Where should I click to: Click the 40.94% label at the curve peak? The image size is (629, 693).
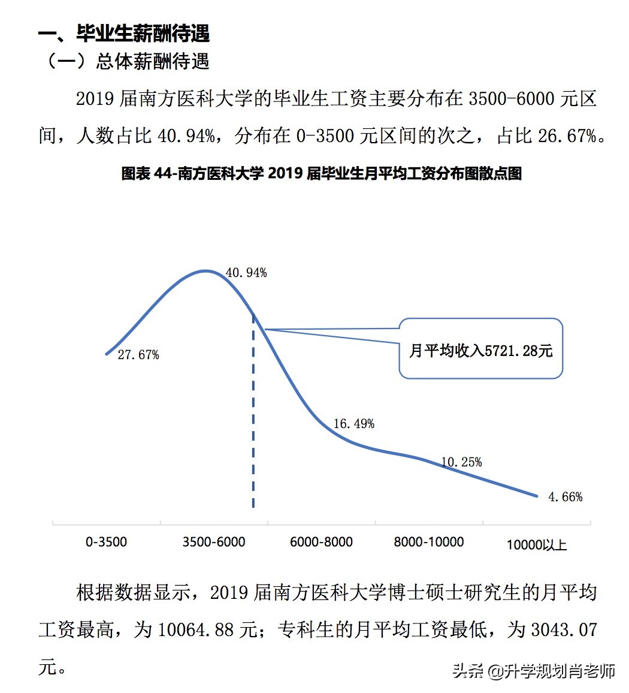(x=246, y=273)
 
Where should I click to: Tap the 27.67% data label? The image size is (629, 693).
(x=138, y=355)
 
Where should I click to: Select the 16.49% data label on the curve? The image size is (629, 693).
(x=353, y=424)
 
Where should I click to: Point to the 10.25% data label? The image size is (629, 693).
(x=461, y=462)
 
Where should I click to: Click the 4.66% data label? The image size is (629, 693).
(x=565, y=497)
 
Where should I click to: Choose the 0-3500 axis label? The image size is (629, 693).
(x=107, y=542)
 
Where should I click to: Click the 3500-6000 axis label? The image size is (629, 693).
(x=214, y=542)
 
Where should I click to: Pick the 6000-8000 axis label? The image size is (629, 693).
(x=321, y=542)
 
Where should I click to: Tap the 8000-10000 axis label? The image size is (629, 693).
(x=428, y=542)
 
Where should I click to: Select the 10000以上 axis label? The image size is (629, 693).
(x=536, y=545)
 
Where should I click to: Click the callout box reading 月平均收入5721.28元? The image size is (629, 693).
(x=481, y=349)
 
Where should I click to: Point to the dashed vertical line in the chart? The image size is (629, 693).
(x=253, y=420)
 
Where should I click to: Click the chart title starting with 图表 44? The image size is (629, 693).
(x=322, y=173)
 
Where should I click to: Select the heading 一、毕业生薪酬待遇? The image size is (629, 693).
(x=124, y=34)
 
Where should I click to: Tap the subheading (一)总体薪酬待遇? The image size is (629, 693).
(x=128, y=62)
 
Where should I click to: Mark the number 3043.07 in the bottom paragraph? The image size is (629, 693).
(x=564, y=629)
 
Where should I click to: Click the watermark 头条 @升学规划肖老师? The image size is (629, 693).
(x=534, y=670)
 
